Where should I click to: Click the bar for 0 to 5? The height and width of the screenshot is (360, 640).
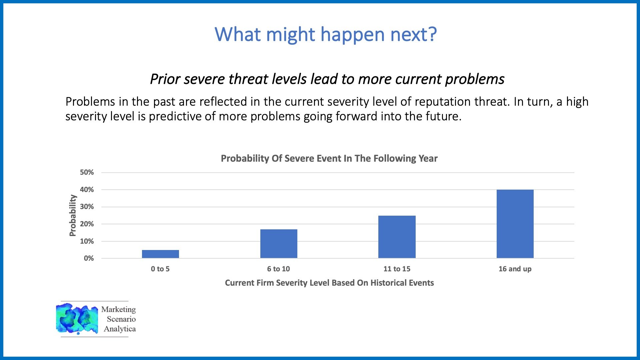160,254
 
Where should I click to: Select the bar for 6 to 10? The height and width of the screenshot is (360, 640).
279,244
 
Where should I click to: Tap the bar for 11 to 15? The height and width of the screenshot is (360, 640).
397,237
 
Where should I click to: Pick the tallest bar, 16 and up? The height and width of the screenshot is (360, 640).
515,224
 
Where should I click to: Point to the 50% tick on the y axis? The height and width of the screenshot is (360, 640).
87,172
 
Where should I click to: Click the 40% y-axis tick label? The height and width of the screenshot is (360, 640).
87,190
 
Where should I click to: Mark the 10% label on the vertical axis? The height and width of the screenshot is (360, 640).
87,241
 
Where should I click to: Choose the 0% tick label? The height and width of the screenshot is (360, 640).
89,258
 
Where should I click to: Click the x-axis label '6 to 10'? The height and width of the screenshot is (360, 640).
279,269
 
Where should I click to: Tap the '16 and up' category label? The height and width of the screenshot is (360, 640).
515,269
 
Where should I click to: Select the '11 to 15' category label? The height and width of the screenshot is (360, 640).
397,269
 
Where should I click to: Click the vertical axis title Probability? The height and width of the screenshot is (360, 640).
73,215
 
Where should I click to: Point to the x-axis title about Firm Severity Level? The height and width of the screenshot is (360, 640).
329,283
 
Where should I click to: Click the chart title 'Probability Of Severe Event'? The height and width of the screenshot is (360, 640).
329,158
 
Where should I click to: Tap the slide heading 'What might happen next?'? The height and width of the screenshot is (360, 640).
326,34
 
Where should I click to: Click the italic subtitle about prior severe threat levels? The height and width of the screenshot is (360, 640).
327,79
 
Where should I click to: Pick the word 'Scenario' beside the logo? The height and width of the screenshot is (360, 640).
121,319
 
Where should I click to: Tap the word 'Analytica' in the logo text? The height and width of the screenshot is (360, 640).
120,329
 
